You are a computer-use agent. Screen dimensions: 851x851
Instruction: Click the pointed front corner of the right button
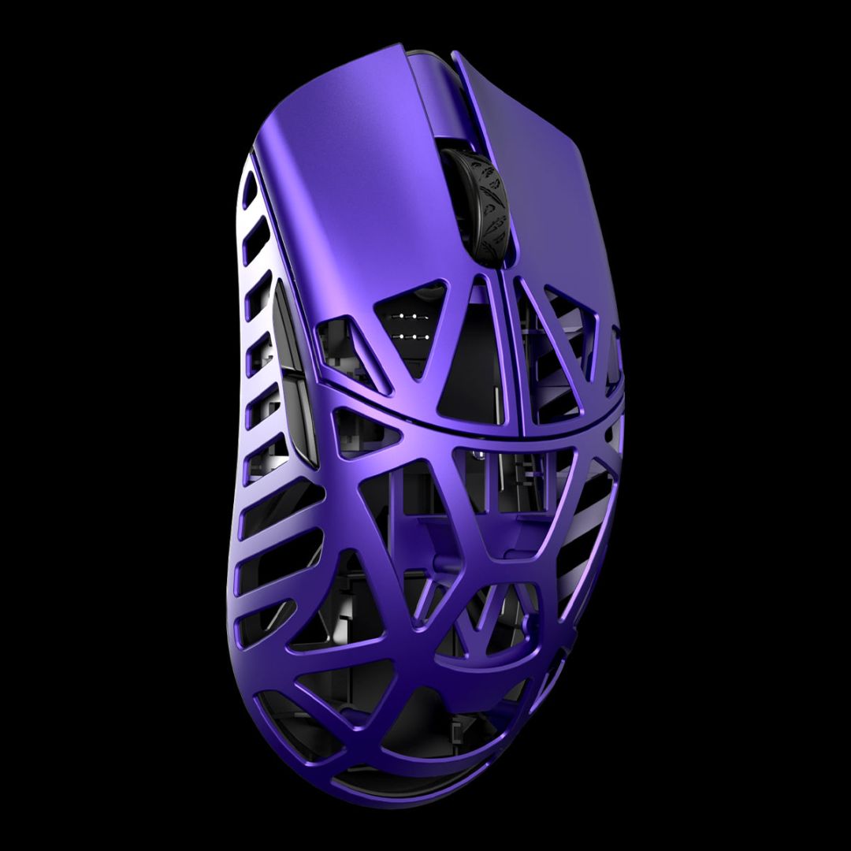pos(455,55)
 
